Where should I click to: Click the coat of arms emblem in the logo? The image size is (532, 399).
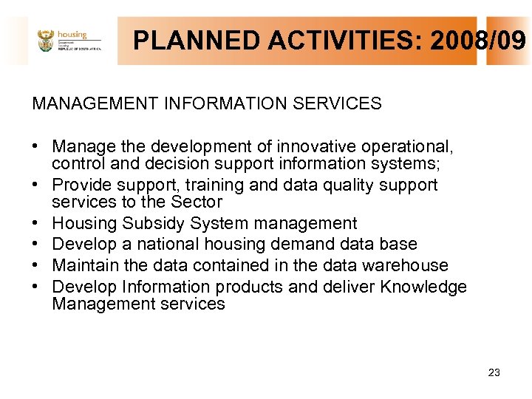(x=46, y=41)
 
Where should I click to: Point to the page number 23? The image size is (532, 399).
(x=494, y=372)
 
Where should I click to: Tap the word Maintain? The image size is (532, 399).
(x=83, y=265)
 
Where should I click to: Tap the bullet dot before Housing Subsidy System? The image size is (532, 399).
(x=36, y=223)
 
